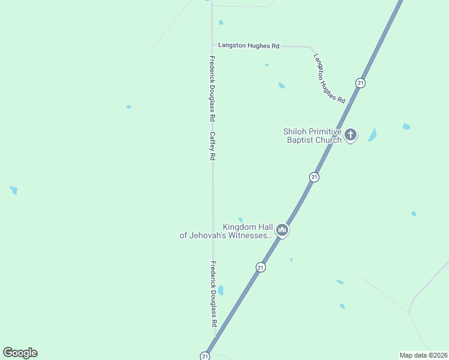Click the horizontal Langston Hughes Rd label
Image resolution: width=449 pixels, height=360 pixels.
pos(249,46)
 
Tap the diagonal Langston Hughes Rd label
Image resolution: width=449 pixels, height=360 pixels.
pos(330,78)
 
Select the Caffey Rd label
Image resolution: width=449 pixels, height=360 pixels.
pos(212,146)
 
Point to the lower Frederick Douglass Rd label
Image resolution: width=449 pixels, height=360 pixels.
pos(213,293)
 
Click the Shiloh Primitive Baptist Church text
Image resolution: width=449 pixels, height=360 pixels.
pos(313,136)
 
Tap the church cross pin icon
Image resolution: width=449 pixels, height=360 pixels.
pos(351,135)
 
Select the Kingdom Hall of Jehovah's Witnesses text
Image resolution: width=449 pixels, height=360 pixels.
pos(226,231)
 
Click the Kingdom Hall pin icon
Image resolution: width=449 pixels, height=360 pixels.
pos(282,230)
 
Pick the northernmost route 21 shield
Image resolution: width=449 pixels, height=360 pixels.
pos(360,83)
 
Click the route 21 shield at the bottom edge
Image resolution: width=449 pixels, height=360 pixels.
pos(205,356)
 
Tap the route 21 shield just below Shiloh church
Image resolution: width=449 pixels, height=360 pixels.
pos(314,177)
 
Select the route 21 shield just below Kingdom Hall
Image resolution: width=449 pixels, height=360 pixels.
pos(261,268)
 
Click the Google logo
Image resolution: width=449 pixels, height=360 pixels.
pos(20,353)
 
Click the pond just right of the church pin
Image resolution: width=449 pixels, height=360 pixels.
pos(373,135)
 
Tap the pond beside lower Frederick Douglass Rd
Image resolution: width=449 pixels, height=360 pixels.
pos(221,290)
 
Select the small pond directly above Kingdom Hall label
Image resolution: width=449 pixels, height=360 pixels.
pos(241,220)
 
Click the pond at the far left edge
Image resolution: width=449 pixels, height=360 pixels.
pos(14,190)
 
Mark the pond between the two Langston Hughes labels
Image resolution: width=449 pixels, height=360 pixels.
pos(281,86)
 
